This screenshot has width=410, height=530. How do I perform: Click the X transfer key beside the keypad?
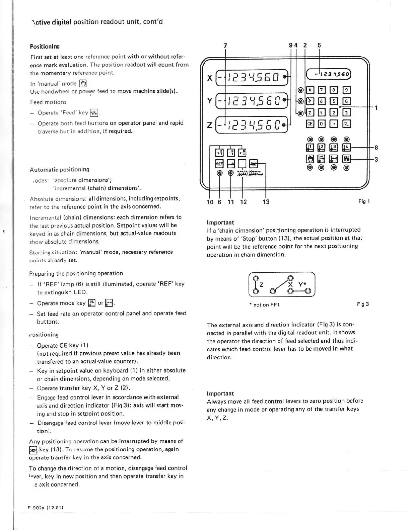pyautogui.click(x=310, y=90)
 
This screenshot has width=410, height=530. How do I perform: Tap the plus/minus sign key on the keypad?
pyautogui.click(x=347, y=124)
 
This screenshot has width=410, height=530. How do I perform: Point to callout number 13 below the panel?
pyautogui.click(x=266, y=202)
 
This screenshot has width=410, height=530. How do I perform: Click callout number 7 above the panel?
pyautogui.click(x=225, y=46)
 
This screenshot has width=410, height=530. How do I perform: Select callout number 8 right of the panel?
pyautogui.click(x=376, y=147)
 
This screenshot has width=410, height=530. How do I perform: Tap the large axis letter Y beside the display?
pyautogui.click(x=210, y=100)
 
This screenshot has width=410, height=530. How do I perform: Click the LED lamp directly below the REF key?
pyautogui.click(x=219, y=173)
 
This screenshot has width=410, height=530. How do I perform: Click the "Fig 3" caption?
pyautogui.click(x=363, y=304)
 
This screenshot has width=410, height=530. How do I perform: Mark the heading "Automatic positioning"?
pyautogui.click(x=60, y=170)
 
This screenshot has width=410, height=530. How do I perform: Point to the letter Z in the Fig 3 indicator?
pyautogui.click(x=261, y=285)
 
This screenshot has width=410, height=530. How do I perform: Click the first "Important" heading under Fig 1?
pyautogui.click(x=220, y=223)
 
